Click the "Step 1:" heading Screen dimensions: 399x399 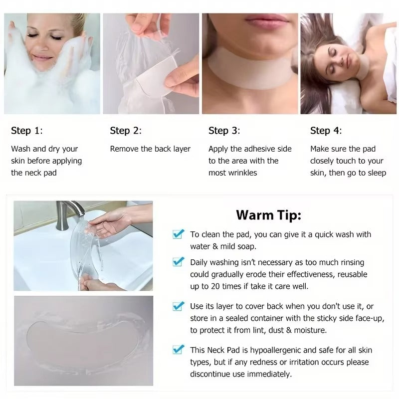(x=27, y=131)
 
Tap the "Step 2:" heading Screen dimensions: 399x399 (x=126, y=131)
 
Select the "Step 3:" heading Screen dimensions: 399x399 (x=224, y=131)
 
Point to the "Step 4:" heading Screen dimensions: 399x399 (x=326, y=131)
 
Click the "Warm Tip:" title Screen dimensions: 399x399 (x=268, y=215)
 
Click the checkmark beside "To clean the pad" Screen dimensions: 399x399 (x=178, y=234)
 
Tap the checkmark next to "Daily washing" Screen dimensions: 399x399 (x=178, y=262)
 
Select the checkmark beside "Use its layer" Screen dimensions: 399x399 (x=178, y=306)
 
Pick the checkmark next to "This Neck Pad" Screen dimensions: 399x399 (x=178, y=350)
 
